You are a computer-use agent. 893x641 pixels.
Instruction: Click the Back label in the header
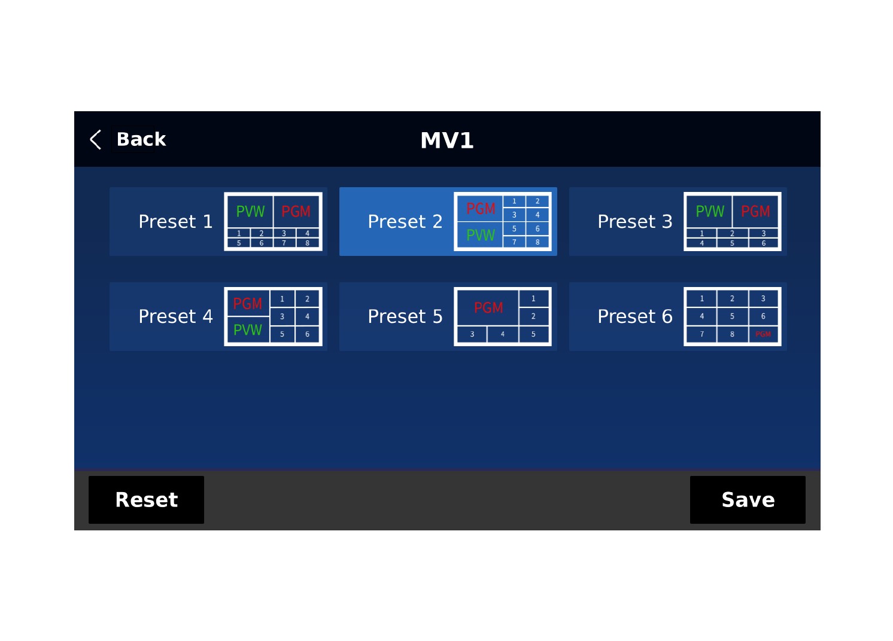141,139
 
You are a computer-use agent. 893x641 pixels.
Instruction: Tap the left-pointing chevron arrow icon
96,139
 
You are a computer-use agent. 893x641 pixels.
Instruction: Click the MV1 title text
446,141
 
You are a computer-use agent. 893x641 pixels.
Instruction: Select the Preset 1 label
175,222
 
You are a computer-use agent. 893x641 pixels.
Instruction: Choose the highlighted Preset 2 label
405,222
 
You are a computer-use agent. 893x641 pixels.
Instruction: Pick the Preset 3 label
635,222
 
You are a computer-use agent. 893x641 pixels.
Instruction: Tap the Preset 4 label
175,316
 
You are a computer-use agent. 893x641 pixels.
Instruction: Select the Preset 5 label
405,316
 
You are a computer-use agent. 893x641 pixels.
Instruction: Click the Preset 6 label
635,316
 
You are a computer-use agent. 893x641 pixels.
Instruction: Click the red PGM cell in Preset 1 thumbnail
296,212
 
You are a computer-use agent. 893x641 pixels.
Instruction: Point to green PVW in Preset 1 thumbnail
250,212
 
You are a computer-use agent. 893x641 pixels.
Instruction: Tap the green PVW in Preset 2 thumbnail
481,235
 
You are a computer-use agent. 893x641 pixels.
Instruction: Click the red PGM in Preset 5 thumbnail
488,308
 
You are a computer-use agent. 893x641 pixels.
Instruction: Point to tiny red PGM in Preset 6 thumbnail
763,334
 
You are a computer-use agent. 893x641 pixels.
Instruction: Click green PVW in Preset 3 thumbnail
710,212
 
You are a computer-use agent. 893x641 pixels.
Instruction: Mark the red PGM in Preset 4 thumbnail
248,304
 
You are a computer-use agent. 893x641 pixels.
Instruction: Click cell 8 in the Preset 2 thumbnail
537,242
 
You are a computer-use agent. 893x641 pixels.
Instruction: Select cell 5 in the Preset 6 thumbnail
732,316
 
